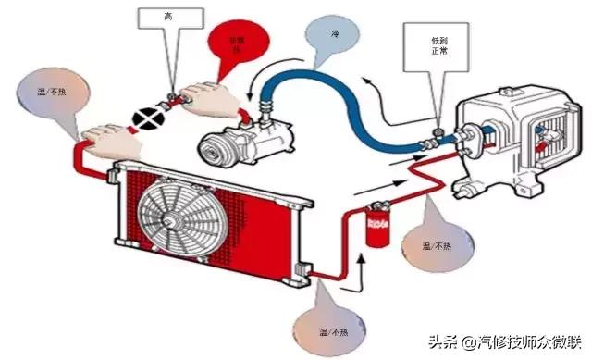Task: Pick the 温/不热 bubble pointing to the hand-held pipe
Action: pyautogui.click(x=53, y=96)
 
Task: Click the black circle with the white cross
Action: pyautogui.click(x=146, y=118)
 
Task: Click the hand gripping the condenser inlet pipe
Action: pyautogui.click(x=111, y=139)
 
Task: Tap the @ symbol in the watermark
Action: pyautogui.click(x=459, y=339)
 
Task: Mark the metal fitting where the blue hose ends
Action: pyautogui.click(x=433, y=142)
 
